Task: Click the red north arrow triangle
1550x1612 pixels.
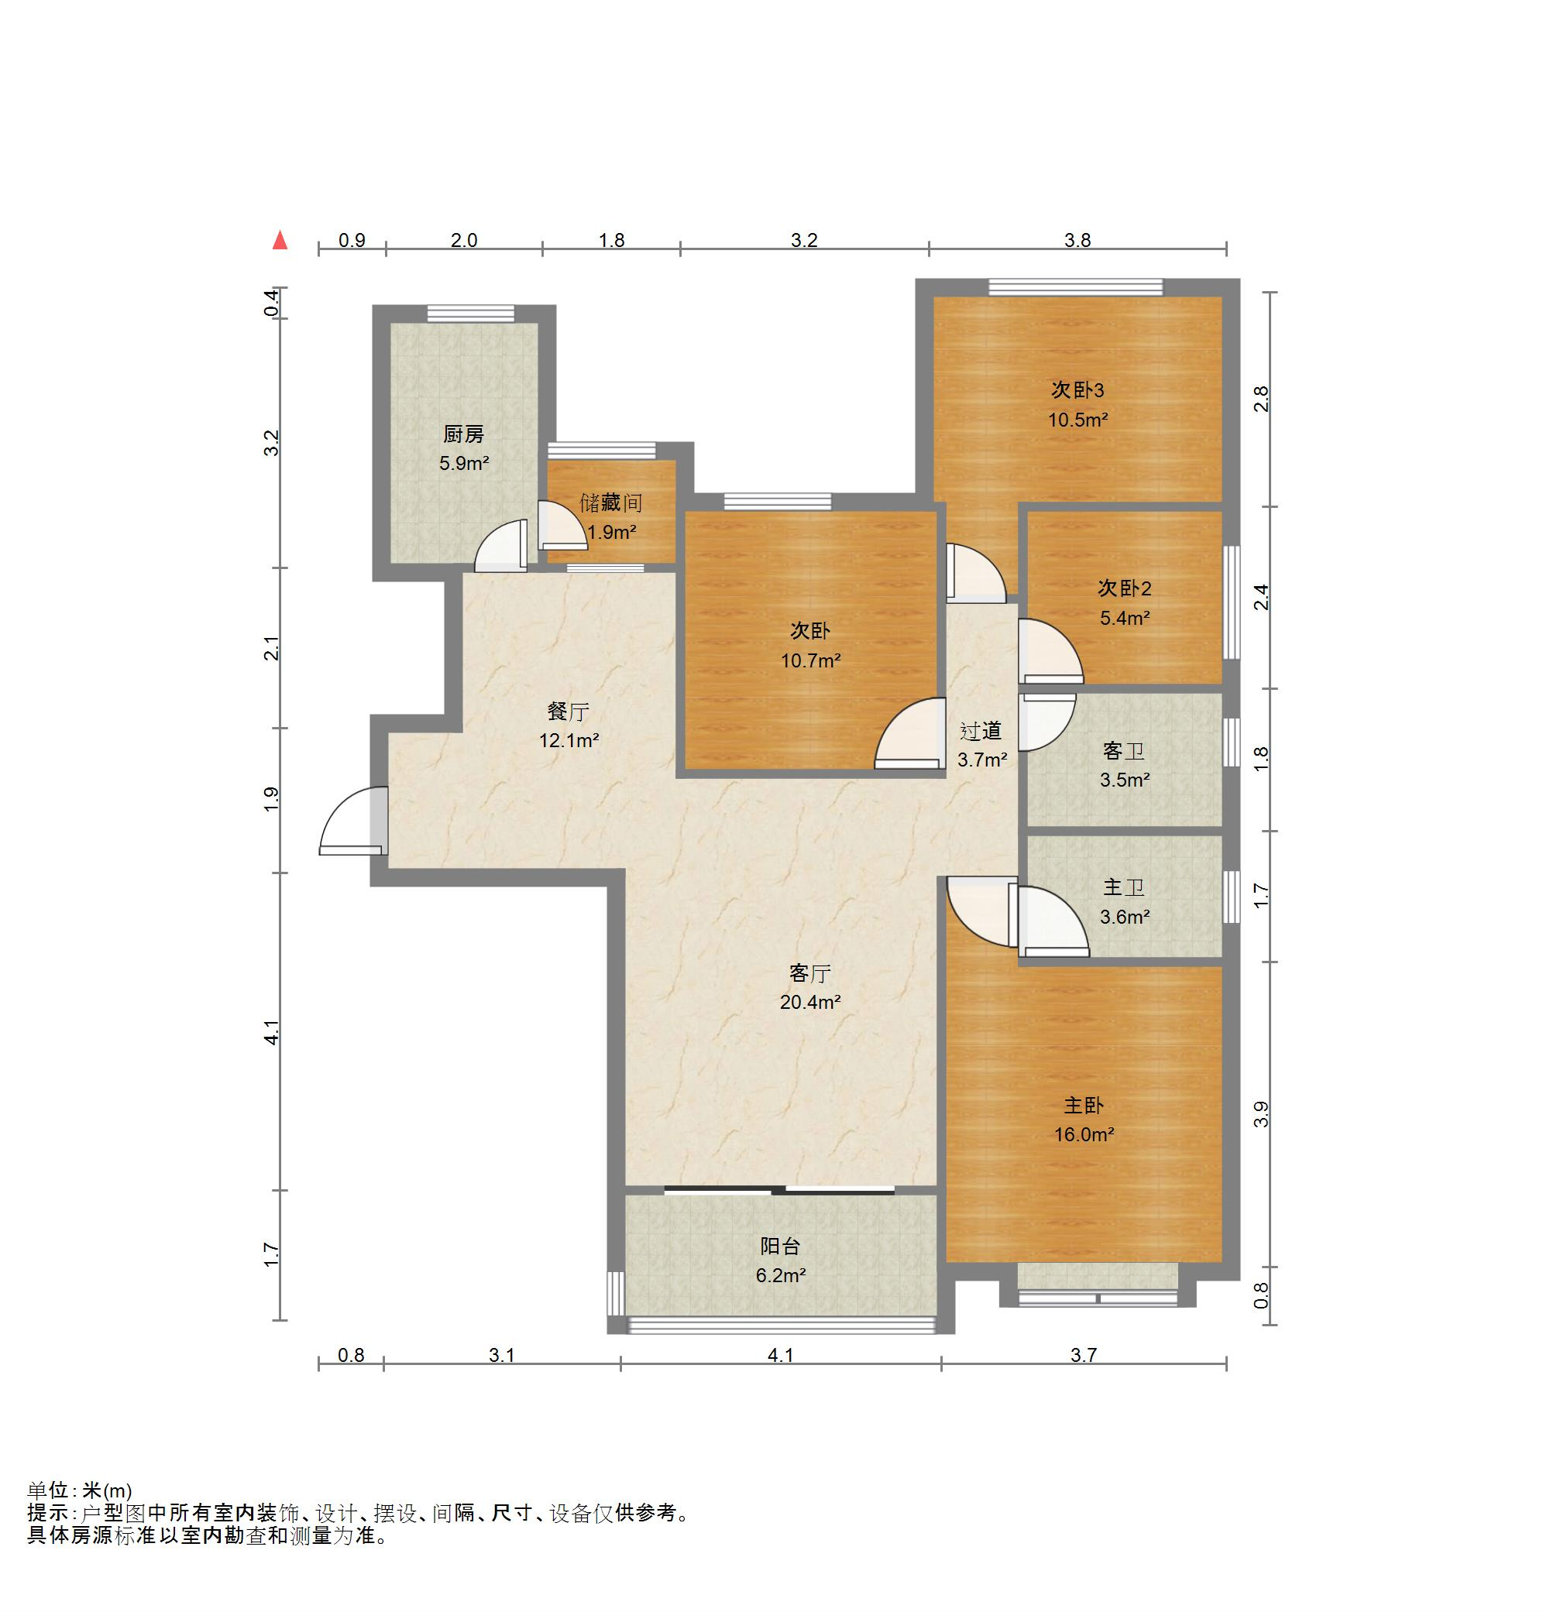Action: (x=280, y=240)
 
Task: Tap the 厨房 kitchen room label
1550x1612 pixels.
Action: (x=464, y=434)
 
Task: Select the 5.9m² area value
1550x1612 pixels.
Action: (x=464, y=463)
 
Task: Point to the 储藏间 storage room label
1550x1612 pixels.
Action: (x=611, y=502)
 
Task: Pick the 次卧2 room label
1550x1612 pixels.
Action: (x=1125, y=588)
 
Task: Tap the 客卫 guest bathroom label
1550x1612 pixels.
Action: (x=1124, y=750)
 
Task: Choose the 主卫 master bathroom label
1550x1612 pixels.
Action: (x=1124, y=887)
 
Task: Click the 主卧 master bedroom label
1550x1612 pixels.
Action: (x=1084, y=1106)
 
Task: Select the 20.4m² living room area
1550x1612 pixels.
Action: (x=810, y=1002)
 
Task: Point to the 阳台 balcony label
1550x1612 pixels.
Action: (x=780, y=1246)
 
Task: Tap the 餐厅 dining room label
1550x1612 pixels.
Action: (x=569, y=711)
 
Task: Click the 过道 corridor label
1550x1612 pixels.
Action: (x=981, y=730)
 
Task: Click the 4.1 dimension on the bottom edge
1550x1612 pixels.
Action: (x=781, y=1355)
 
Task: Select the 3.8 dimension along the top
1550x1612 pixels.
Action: (x=1077, y=240)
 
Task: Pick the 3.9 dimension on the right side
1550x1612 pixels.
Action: (x=1261, y=1114)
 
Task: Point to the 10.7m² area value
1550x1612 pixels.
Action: (x=811, y=660)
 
